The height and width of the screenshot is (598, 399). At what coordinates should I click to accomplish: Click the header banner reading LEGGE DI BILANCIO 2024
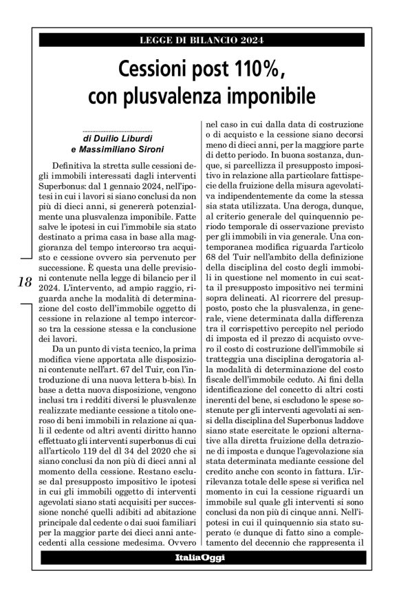(x=199, y=40)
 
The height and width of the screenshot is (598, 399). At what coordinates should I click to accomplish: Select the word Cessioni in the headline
(x=154, y=70)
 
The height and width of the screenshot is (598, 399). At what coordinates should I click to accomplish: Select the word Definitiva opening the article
(x=82, y=167)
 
